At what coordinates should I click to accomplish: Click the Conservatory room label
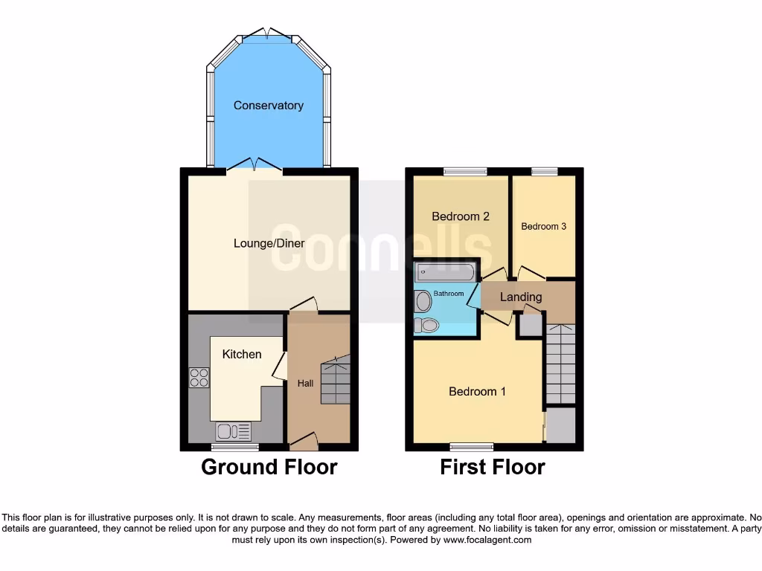(x=268, y=106)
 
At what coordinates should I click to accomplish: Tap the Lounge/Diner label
(x=269, y=243)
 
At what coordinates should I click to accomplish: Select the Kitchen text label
(x=242, y=354)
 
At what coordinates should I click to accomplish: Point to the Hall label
(x=305, y=384)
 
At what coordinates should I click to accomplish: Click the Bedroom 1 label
(x=477, y=391)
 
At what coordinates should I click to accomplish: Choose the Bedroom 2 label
(x=461, y=216)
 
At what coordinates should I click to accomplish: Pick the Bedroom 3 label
(x=543, y=226)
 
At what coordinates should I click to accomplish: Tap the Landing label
(x=521, y=297)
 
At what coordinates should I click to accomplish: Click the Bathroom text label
(x=449, y=294)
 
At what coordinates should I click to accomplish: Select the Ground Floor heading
(x=269, y=467)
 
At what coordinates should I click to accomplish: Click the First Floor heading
(x=493, y=467)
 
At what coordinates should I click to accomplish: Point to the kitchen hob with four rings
(x=199, y=378)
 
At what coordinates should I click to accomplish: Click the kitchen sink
(x=234, y=431)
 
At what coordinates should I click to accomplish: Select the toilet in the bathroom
(x=427, y=326)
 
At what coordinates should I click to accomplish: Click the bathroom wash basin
(x=423, y=301)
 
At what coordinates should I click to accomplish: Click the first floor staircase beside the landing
(x=560, y=364)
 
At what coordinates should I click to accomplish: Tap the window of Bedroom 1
(x=472, y=447)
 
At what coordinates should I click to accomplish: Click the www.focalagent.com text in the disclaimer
(x=487, y=540)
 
